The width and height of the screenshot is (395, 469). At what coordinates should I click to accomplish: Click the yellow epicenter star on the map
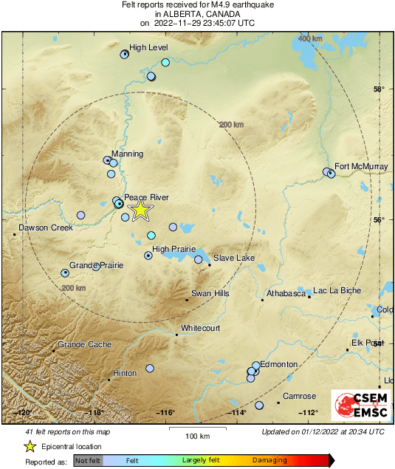click(x=140, y=210)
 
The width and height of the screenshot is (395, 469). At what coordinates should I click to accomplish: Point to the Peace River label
click(x=147, y=197)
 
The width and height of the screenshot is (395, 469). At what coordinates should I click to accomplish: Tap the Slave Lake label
click(x=234, y=256)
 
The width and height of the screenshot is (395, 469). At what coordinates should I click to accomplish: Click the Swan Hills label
click(x=210, y=293)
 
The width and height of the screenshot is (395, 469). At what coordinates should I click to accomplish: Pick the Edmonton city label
click(x=280, y=365)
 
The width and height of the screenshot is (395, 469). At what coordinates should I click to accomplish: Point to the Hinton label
click(x=125, y=373)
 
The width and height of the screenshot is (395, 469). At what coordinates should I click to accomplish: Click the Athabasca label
click(x=286, y=293)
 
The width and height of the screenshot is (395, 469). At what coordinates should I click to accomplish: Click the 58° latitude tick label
click(x=379, y=90)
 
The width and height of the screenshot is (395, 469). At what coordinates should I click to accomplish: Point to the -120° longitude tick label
click(x=24, y=412)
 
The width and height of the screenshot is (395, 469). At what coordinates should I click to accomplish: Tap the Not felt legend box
click(x=87, y=460)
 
